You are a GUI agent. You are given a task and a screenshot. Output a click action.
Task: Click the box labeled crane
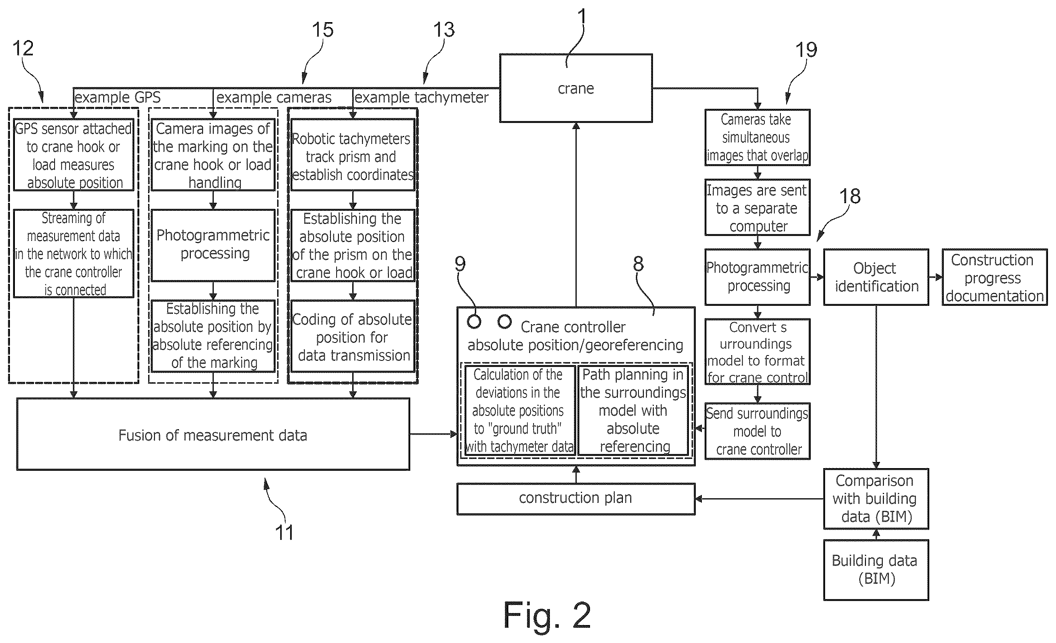tap(576, 88)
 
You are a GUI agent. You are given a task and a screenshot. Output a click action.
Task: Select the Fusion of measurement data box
tap(213, 434)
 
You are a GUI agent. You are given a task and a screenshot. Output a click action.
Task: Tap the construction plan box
tap(576, 499)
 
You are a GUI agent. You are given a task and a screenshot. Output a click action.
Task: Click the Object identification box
tap(876, 277)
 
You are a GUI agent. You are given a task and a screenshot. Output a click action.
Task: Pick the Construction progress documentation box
tap(994, 277)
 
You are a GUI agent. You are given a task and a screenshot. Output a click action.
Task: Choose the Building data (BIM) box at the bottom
tap(876, 570)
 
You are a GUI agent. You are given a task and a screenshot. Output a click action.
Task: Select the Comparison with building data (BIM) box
tap(876, 499)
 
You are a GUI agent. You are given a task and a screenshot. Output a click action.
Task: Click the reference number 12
tap(23, 48)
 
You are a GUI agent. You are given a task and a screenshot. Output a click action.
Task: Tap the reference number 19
tap(806, 50)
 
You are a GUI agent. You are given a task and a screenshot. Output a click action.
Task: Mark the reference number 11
tap(284, 532)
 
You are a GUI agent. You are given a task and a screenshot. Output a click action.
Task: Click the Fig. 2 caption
tap(547, 615)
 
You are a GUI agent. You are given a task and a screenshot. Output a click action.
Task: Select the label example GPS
tap(118, 97)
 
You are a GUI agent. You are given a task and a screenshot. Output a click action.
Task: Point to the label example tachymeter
tap(422, 98)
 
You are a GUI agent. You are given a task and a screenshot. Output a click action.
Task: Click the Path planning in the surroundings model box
tap(633, 410)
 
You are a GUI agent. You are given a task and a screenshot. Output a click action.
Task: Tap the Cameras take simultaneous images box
tap(757, 137)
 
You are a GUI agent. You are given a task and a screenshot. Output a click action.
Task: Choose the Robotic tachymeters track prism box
tap(353, 155)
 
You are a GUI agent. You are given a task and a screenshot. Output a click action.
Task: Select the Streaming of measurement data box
tap(73, 253)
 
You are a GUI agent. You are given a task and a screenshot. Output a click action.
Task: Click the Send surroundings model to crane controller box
tap(757, 431)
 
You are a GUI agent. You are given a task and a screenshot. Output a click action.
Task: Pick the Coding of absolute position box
tap(353, 336)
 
